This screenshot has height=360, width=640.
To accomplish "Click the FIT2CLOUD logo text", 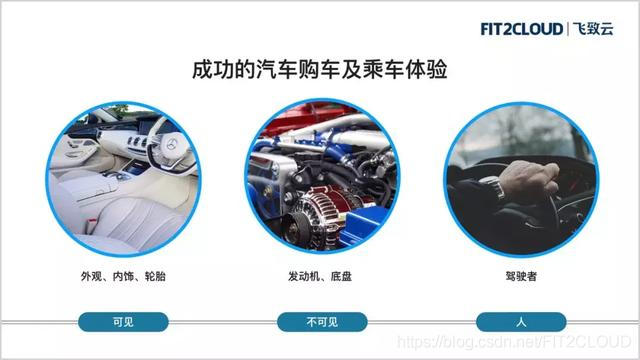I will point(521,29).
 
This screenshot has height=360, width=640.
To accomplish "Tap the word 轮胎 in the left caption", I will point(154,274).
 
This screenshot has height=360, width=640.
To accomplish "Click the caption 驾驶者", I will point(521,274).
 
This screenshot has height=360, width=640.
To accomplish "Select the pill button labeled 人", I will point(521,322).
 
